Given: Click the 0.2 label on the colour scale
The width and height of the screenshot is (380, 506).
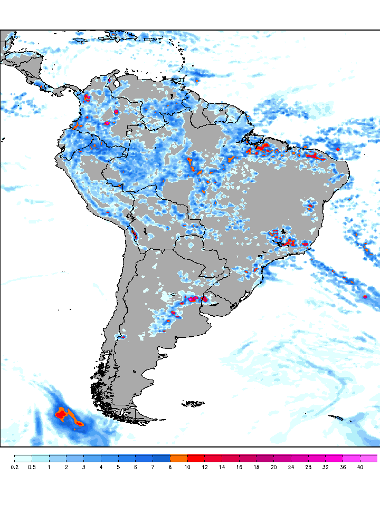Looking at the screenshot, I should click(x=14, y=467).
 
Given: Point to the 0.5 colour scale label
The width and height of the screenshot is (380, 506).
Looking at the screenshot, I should click(x=32, y=467).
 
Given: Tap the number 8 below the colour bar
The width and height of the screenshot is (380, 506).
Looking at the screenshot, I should click(x=170, y=467).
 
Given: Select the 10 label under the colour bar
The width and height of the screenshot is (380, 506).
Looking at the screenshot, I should click(x=187, y=467).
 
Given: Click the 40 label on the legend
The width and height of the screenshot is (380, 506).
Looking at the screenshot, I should click(x=360, y=467).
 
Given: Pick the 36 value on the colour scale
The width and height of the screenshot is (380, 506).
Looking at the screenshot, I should click(x=343, y=467).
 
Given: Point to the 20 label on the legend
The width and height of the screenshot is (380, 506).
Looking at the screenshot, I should click(x=273, y=467).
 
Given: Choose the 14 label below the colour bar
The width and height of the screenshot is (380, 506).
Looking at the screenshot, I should click(x=222, y=467).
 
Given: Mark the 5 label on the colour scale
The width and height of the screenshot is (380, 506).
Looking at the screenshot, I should click(x=118, y=467).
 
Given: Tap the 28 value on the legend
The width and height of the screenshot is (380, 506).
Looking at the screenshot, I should click(x=308, y=467).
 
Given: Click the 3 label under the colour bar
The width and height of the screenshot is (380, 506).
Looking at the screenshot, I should click(x=83, y=467).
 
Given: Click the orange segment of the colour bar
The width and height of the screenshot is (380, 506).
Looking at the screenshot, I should click(x=179, y=459).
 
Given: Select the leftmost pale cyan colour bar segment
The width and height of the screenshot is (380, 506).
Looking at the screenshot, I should click(x=23, y=459).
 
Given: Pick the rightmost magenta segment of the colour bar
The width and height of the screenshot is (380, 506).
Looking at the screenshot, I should click(x=369, y=459).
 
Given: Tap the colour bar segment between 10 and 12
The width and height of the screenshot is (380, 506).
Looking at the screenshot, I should click(x=196, y=459).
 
